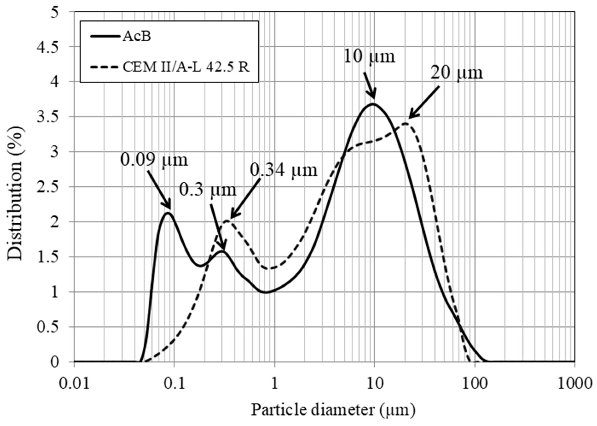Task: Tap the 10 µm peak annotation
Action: click(369, 56)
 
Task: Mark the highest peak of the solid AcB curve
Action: click(373, 104)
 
